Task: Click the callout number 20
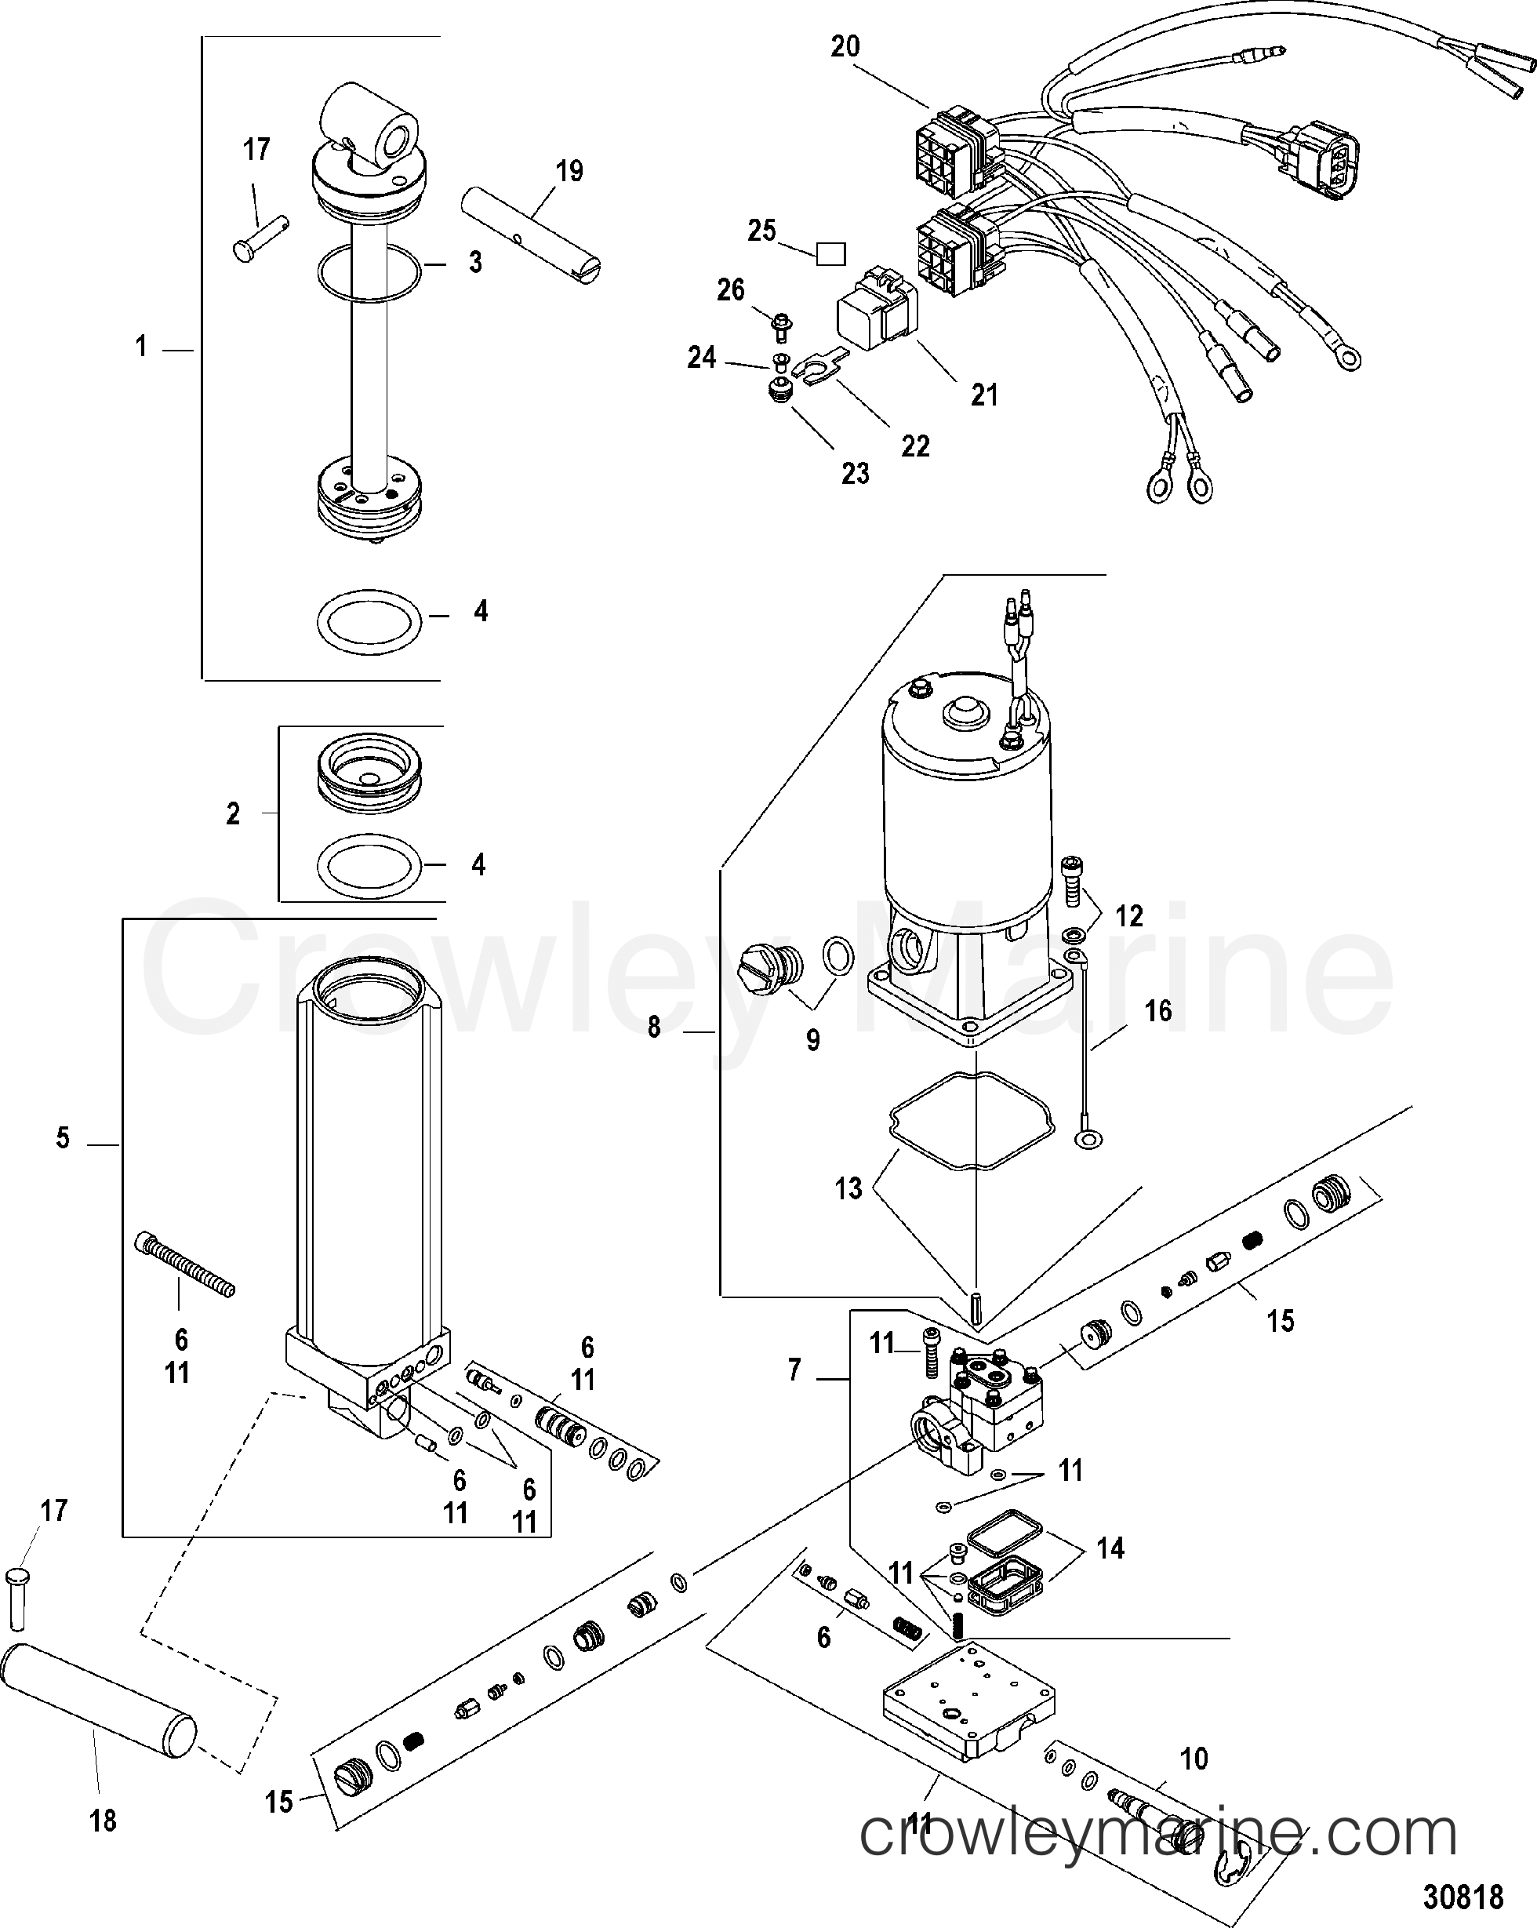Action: (x=844, y=46)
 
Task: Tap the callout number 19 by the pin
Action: (x=569, y=171)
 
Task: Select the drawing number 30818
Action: (x=1463, y=1897)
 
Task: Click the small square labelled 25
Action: (x=830, y=255)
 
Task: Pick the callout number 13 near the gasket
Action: (x=848, y=1188)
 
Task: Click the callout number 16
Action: (x=1158, y=1011)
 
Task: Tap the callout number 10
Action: (x=1194, y=1759)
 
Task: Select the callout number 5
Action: (x=63, y=1138)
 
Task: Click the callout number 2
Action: (x=232, y=813)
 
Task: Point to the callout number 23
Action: (x=855, y=473)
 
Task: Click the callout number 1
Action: (x=140, y=346)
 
